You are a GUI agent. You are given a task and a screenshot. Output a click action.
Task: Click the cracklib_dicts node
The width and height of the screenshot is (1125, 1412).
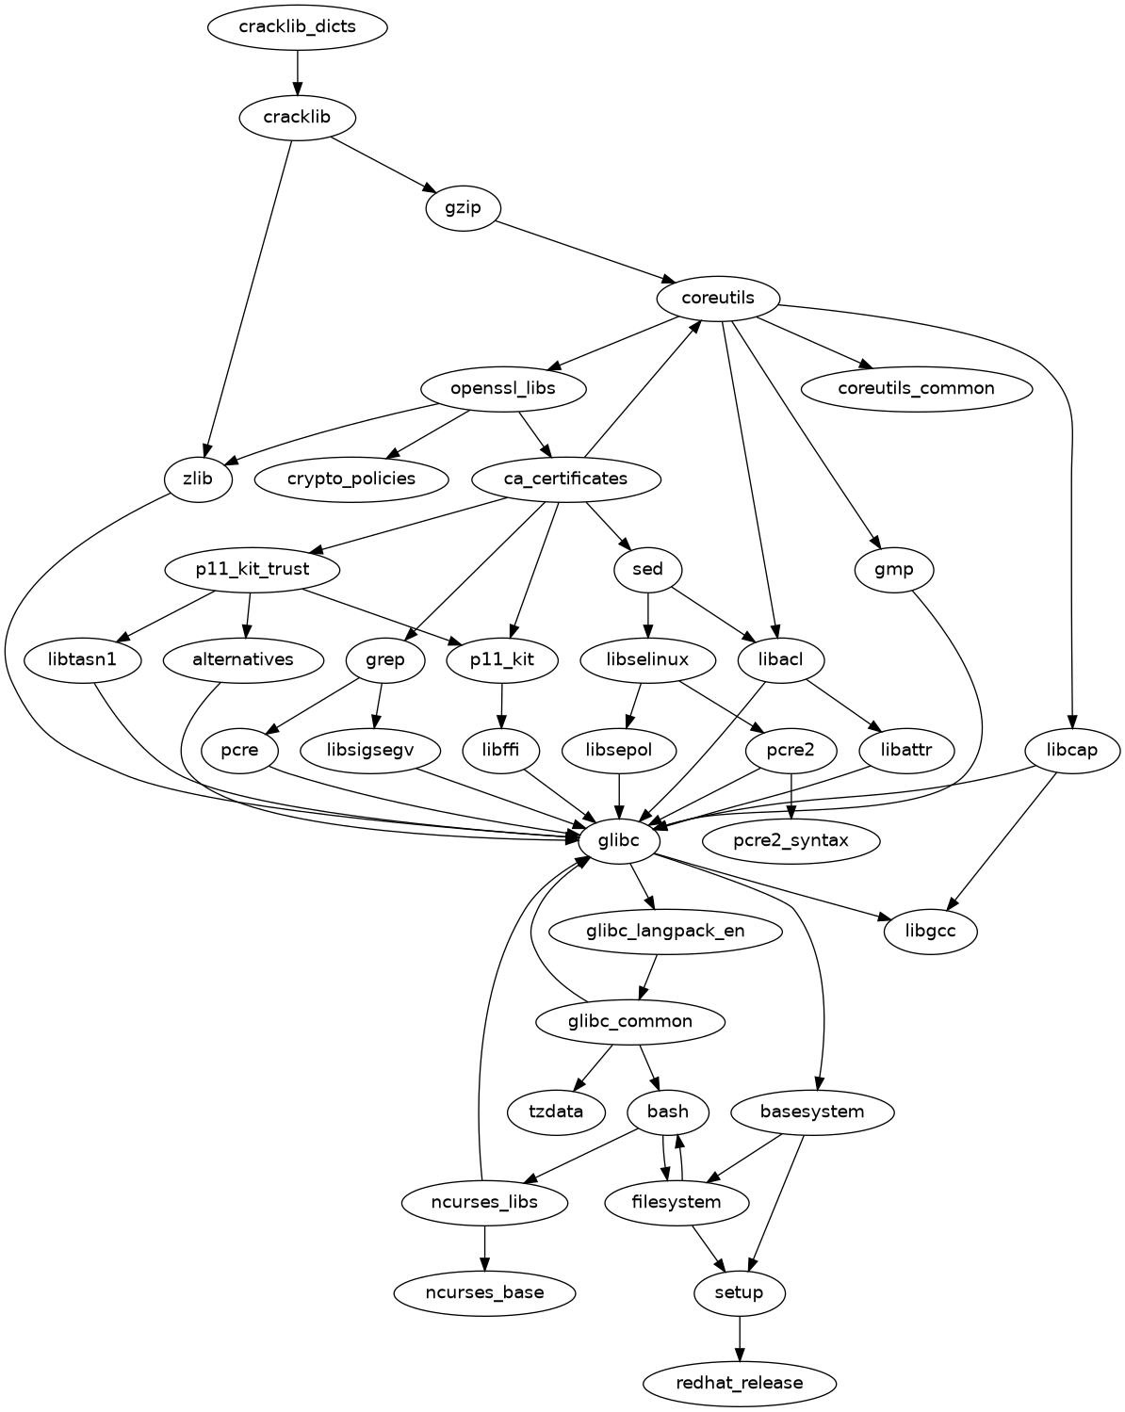pyautogui.click(x=298, y=26)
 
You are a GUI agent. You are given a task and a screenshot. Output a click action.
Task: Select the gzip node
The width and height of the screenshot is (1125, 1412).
pyautogui.click(x=462, y=207)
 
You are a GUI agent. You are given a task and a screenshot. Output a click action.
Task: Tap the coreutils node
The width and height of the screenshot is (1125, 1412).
pyautogui.click(x=718, y=298)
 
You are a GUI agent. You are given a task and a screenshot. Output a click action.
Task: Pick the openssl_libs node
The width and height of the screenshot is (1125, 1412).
pyautogui.click(x=503, y=388)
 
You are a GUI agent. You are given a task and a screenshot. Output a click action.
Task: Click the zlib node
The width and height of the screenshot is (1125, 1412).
pyautogui.click(x=198, y=479)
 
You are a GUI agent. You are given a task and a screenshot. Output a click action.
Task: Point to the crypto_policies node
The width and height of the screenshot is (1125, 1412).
pyautogui.click(x=351, y=479)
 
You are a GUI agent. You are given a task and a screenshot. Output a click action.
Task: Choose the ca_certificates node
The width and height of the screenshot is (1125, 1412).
pyautogui.click(x=565, y=479)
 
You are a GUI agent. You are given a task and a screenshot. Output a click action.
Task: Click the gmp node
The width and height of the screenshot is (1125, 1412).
pyautogui.click(x=894, y=569)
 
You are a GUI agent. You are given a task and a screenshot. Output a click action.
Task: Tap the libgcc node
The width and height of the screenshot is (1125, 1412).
pyautogui.click(x=931, y=932)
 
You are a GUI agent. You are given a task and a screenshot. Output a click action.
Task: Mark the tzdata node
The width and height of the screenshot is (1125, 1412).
pyautogui.click(x=556, y=1112)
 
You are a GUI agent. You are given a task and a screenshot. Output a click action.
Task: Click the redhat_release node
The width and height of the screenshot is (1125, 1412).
pyautogui.click(x=740, y=1383)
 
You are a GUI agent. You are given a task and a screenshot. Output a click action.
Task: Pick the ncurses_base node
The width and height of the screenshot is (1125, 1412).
pyautogui.click(x=484, y=1292)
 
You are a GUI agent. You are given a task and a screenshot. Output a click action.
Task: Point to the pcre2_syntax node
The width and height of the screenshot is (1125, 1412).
pyautogui.click(x=791, y=840)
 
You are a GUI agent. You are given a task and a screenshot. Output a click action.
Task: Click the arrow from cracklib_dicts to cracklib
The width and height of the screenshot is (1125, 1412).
pyautogui.click(x=298, y=71)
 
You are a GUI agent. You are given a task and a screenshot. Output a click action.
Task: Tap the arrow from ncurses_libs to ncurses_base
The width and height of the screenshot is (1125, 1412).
pyautogui.click(x=484, y=1247)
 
